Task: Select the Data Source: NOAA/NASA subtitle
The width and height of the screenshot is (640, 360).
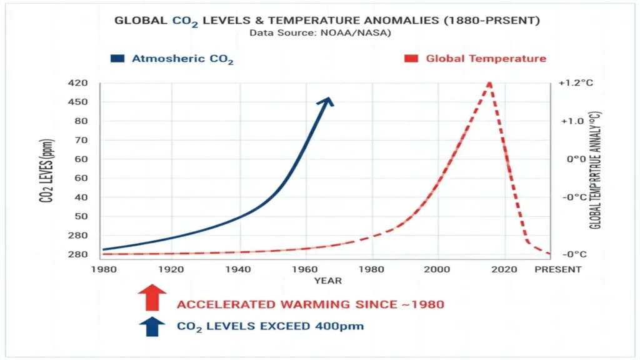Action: pos(320,32)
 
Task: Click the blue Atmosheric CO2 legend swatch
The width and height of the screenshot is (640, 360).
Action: pos(117,59)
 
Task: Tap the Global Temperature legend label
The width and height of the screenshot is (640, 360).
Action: pos(486,59)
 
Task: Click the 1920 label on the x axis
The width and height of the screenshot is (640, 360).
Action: pos(170,269)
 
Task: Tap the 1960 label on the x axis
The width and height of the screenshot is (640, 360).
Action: pos(304,269)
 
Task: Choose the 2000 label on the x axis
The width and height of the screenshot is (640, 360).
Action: pos(438,269)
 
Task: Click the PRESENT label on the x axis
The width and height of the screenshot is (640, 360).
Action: pos(558,269)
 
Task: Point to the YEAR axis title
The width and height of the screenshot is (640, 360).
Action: pos(327,281)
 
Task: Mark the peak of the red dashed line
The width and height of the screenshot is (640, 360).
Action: pos(489,83)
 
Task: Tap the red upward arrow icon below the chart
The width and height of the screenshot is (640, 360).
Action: pos(152,297)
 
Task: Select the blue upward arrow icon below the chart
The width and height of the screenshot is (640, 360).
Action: pos(152,326)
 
